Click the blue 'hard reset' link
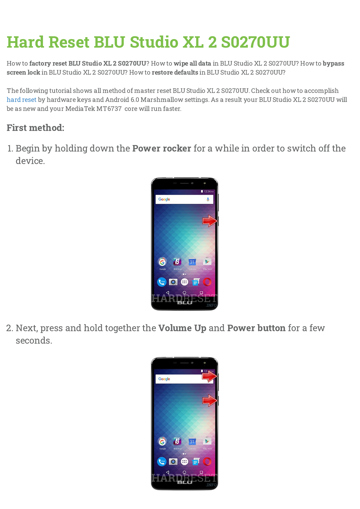click(21, 100)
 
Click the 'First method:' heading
click(35, 128)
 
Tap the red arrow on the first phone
click(210, 221)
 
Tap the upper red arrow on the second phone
click(210, 376)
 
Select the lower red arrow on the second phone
click(210, 401)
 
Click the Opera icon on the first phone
click(207, 282)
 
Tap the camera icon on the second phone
click(173, 461)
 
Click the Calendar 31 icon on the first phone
click(192, 262)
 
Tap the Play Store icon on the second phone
click(207, 441)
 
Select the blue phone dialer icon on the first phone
click(161, 282)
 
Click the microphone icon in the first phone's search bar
click(208, 199)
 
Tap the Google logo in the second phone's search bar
click(164, 379)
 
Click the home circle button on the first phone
click(184, 293)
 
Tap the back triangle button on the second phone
click(168, 472)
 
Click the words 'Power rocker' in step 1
click(162, 148)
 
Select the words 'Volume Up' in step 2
click(182, 328)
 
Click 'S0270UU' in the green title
click(255, 42)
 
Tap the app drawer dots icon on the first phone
click(185, 282)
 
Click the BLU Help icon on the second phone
click(177, 441)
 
